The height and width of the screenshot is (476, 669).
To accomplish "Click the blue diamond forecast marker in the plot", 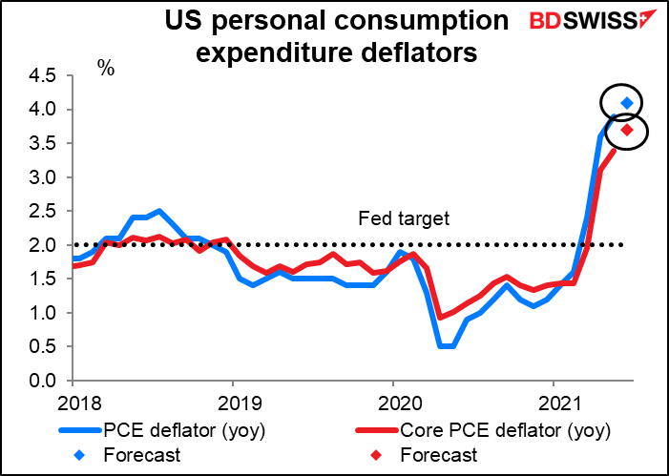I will click(x=627, y=103).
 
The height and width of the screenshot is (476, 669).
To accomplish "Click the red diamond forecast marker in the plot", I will click(x=627, y=130).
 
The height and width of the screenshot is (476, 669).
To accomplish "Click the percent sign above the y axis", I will click(x=105, y=70).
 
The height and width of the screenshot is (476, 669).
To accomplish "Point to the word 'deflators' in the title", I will click(x=416, y=54).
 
